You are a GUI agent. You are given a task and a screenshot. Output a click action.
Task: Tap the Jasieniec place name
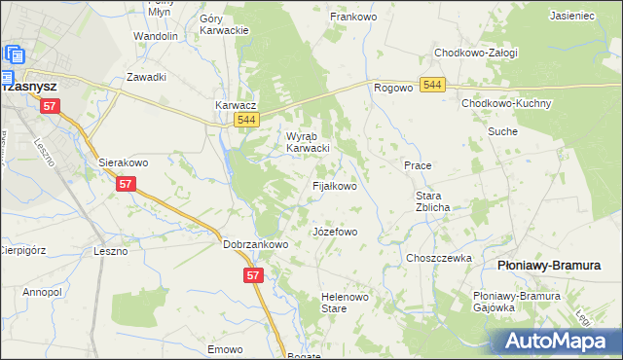click(x=572, y=17)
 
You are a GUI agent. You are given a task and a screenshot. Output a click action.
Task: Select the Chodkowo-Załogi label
click(x=476, y=53)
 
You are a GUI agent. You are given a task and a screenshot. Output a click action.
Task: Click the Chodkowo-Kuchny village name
click(x=506, y=103)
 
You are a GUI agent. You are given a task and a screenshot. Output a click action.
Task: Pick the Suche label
click(x=502, y=130)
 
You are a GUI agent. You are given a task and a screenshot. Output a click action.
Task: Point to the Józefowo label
click(x=335, y=233)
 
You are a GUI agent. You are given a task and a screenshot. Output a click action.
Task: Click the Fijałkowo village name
click(x=333, y=185)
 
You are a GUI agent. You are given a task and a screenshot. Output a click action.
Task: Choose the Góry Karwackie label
click(x=223, y=24)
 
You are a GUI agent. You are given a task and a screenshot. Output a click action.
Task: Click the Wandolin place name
click(x=156, y=36)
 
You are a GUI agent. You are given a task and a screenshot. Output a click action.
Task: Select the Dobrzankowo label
click(x=255, y=245)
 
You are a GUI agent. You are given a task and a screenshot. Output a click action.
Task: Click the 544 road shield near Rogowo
click(x=433, y=87)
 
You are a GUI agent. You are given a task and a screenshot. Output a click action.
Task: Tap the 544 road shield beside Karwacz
click(x=246, y=120)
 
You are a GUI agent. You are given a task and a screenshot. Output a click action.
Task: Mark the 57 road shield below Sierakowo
click(x=125, y=183)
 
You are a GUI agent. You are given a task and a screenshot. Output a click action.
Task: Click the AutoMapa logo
click(x=554, y=341)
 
